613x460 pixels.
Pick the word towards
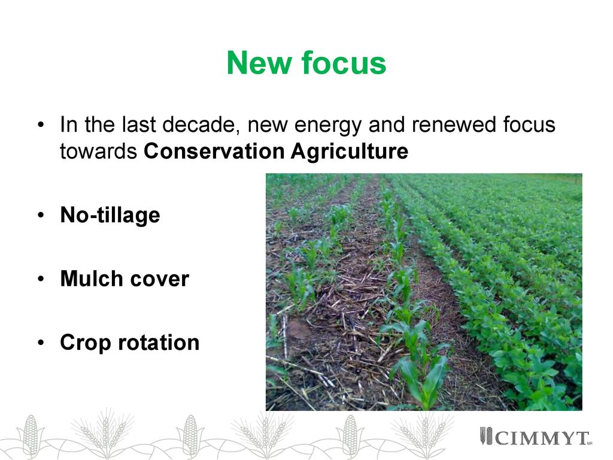click(98, 152)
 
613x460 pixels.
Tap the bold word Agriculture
click(350, 152)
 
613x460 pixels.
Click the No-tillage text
click(110, 215)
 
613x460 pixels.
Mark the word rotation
click(159, 343)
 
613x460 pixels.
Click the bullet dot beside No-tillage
click(41, 216)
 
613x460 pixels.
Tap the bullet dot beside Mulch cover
click(41, 279)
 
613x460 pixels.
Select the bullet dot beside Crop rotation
click(41, 343)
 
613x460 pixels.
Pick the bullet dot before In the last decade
click(41, 125)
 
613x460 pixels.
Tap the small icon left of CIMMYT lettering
click(486, 436)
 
